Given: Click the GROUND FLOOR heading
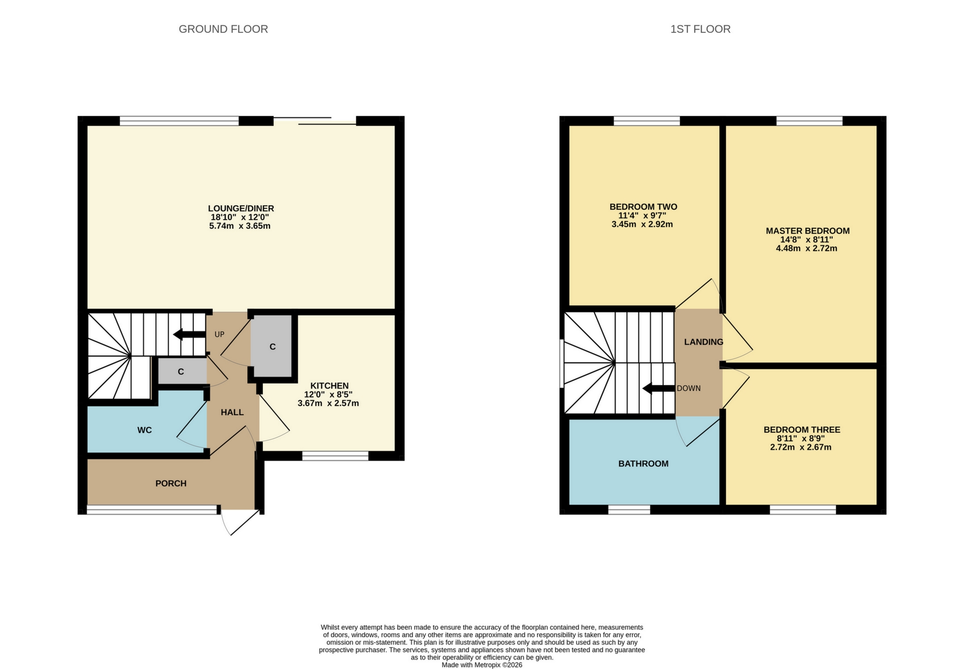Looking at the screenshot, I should click(x=223, y=29).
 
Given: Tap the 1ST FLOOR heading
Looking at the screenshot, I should click(x=700, y=29).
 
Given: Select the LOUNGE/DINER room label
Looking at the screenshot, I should click(x=241, y=208).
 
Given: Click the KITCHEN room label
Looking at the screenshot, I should click(x=329, y=386).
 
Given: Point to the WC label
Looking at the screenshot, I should click(x=144, y=430).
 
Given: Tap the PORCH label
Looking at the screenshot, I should click(x=171, y=484).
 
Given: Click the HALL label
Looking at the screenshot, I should click(x=232, y=412).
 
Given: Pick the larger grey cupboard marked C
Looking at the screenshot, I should click(x=272, y=346).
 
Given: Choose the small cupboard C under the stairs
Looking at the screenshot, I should click(x=181, y=372).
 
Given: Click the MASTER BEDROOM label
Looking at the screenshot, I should click(x=807, y=231).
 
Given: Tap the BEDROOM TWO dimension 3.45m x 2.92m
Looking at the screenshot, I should click(x=642, y=224).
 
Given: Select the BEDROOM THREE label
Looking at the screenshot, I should click(x=802, y=430).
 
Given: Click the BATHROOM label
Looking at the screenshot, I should click(x=643, y=464).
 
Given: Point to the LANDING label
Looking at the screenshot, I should click(x=703, y=342).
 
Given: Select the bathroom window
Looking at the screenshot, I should click(x=629, y=510).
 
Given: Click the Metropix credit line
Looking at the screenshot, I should click(x=482, y=665).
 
